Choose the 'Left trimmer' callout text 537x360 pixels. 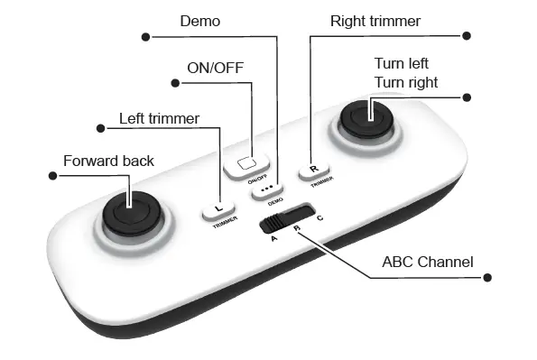pyautogui.click(x=159, y=117)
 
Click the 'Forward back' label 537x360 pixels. pyautogui.click(x=108, y=161)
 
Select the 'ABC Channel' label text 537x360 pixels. pyautogui.click(x=427, y=263)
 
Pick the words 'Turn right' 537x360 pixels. pyautogui.click(x=406, y=82)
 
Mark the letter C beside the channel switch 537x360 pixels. pyautogui.click(x=319, y=218)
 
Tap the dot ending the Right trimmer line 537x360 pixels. pyautogui.click(x=467, y=36)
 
